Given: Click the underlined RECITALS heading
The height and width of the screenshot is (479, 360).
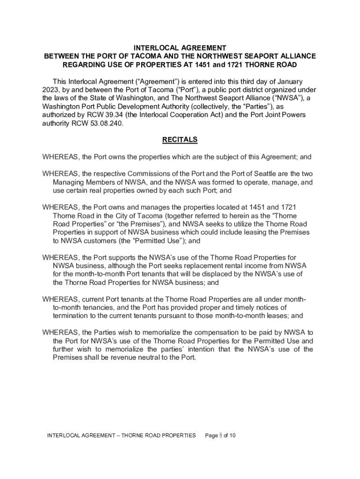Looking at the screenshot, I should click(x=180, y=139).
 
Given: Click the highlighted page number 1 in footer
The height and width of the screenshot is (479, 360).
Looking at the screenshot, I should click(x=220, y=435).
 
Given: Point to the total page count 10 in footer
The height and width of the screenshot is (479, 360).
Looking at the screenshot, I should click(x=232, y=435).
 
